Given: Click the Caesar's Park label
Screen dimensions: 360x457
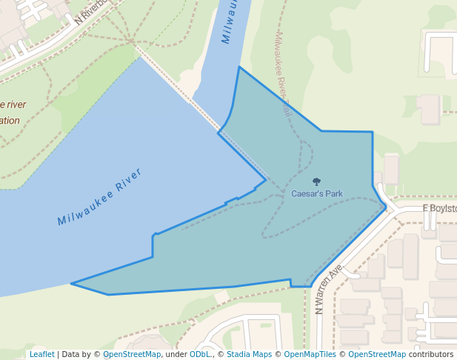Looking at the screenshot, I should tap(316, 194).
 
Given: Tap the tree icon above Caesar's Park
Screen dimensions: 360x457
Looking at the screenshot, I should tap(317, 181).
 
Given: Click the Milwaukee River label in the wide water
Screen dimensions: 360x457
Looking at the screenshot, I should tap(99, 196).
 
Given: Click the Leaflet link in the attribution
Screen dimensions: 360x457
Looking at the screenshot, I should tap(41, 354).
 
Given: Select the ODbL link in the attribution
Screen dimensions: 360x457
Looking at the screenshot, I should tap(200, 354).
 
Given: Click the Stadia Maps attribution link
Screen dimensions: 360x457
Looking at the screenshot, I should tap(249, 354).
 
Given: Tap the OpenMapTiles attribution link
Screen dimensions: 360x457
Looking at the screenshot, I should tap(312, 354).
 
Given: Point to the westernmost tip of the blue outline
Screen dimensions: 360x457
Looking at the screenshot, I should tap(71, 283).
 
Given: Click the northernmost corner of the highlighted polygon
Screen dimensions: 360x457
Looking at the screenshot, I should tap(238, 67).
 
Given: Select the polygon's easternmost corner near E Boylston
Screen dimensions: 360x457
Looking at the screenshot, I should tap(386, 208).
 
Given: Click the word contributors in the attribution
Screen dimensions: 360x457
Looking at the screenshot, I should tap(430, 354).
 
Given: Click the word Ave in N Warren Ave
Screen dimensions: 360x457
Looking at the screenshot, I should tap(338, 272).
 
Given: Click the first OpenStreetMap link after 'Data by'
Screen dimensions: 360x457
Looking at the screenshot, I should tap(132, 354).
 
